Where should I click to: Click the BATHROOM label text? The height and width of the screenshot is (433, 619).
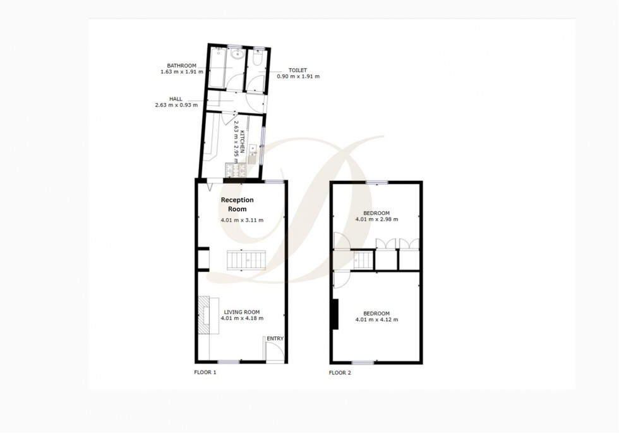pos(181,65)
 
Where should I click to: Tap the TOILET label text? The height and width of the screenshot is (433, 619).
pos(298,70)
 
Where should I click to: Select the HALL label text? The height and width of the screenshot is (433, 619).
pos(176,99)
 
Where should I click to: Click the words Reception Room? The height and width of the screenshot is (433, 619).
pos(237,204)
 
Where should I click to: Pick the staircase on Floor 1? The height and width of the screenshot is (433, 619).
pos(246,260)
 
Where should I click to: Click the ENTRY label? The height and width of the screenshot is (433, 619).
pos(275,339)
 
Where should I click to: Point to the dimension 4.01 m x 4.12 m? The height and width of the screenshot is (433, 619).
pos(376,320)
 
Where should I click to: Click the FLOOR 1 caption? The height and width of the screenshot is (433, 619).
pos(205,373)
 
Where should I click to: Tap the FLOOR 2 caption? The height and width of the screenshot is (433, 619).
pos(340,373)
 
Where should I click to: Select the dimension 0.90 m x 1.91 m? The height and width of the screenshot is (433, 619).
pos(298,76)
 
